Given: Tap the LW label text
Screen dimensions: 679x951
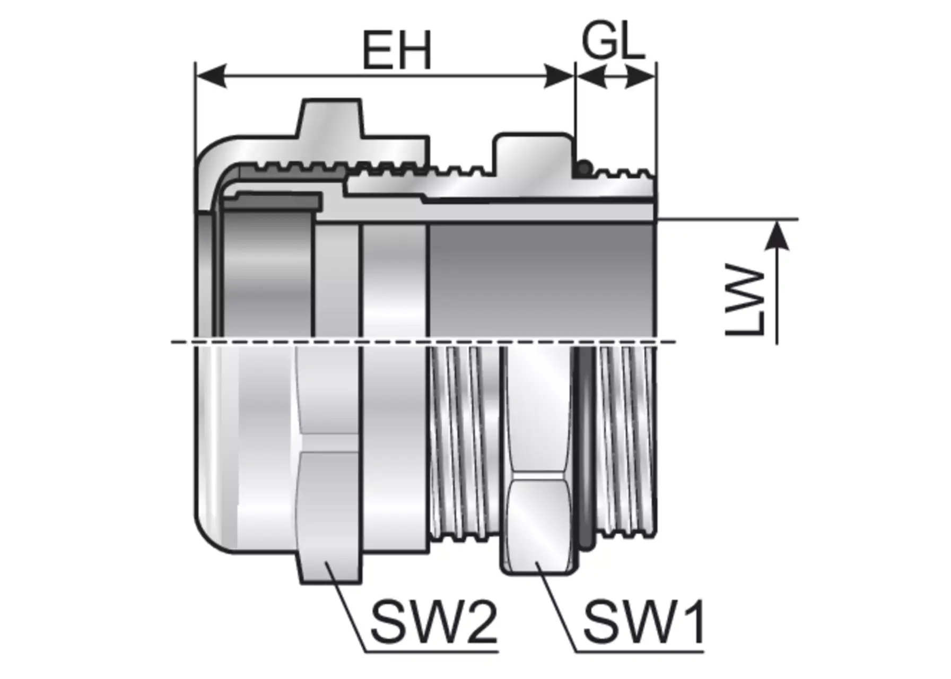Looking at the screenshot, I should tap(745, 301).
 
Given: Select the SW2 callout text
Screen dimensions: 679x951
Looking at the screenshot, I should tap(433, 622).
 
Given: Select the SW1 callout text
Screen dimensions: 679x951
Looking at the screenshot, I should tap(644, 622).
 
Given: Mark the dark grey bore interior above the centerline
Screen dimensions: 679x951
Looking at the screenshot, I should tap(541, 278).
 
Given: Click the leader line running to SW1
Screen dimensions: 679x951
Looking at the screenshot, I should tap(557, 610).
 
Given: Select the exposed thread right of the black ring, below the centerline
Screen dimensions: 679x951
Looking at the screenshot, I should tap(626, 440).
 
